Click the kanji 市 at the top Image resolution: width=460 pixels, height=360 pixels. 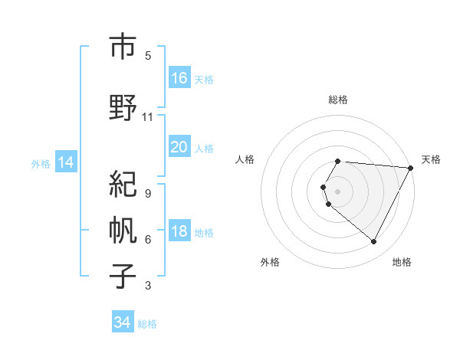point(123,47)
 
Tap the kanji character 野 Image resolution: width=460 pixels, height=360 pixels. point(123,108)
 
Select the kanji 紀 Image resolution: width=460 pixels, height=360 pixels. point(123,185)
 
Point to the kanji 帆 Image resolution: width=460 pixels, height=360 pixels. point(123,231)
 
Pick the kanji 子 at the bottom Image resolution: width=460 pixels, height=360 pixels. point(123,277)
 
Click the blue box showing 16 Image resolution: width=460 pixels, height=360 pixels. point(179,77)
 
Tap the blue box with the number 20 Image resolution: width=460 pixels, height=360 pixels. point(179,146)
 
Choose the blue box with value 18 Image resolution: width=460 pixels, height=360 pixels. point(179,231)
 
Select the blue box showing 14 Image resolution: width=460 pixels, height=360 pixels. point(66,162)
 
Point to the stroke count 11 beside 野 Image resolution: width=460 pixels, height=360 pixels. point(148,117)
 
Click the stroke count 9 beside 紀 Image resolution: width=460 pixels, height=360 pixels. point(148,194)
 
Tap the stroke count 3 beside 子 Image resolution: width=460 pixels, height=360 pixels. point(148,286)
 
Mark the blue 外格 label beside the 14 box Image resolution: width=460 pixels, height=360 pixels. point(41,163)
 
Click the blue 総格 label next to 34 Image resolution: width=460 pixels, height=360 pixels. point(147,324)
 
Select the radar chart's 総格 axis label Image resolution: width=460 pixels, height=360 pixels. point(338,100)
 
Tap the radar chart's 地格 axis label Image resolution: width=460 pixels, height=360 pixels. point(402,262)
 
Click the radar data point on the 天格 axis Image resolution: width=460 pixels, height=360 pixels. point(411,168)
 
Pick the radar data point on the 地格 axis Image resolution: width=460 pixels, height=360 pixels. point(374,242)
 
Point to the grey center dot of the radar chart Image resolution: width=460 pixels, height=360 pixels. point(338,191)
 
